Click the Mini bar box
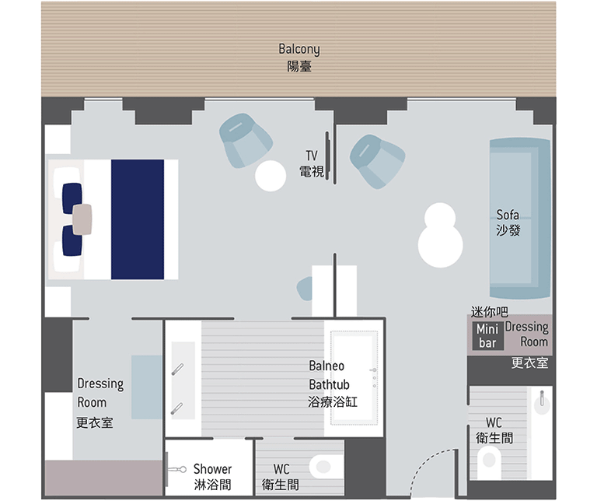pyautogui.click(x=487, y=335)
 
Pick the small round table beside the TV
pyautogui.click(x=271, y=176)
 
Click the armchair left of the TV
pyautogui.click(x=246, y=140)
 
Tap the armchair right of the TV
pyautogui.click(x=377, y=161)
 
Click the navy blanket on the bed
pyautogui.click(x=138, y=219)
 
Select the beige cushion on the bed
pyautogui.click(x=82, y=219)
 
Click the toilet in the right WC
pyautogui.click(x=489, y=462)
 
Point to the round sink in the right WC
pyautogui.click(x=542, y=402)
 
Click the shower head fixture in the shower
pyautogui.click(x=177, y=469)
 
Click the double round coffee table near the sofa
pyautogui.click(x=441, y=235)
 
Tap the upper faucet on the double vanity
pyautogui.click(x=177, y=370)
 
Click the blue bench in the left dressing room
pyautogui.click(x=147, y=387)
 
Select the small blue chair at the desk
pyautogui.click(x=305, y=289)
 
